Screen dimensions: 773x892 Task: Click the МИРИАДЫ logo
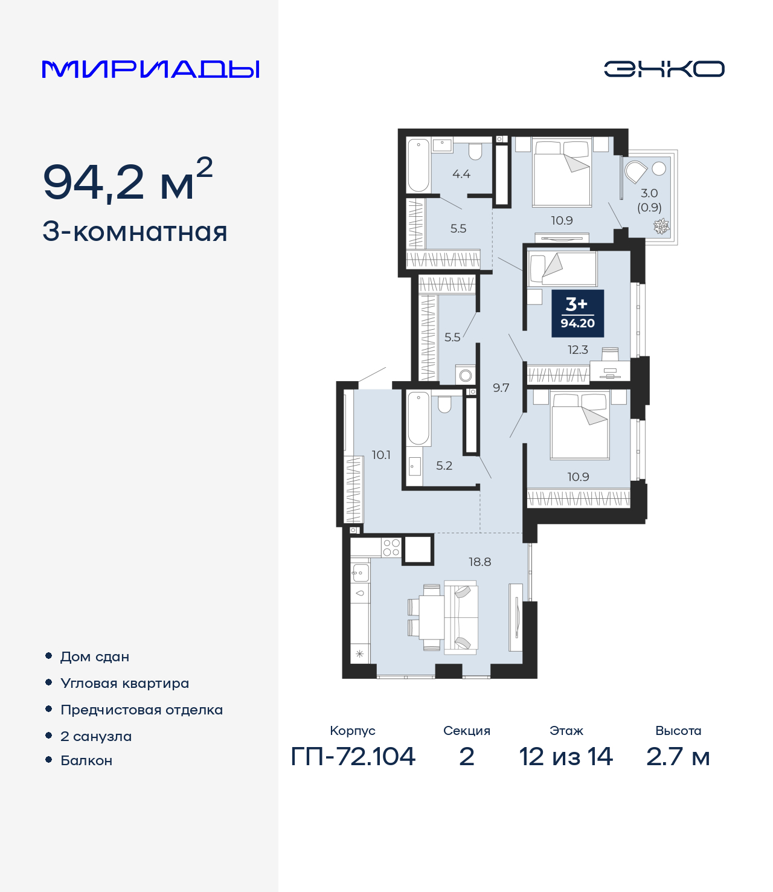tap(150, 69)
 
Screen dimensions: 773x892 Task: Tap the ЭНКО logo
tap(664, 69)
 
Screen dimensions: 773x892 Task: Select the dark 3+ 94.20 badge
tap(577, 313)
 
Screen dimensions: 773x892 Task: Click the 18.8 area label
tap(480, 562)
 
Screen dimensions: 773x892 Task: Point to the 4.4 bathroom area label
tap(461, 174)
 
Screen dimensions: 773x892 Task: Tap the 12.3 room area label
tap(577, 350)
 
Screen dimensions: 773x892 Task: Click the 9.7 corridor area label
tap(501, 388)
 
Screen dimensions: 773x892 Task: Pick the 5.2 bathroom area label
tap(444, 466)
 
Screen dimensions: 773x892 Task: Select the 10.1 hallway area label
tap(381, 455)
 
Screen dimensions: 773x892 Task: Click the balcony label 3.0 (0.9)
tap(649, 201)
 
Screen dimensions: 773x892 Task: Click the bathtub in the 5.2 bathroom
tap(419, 418)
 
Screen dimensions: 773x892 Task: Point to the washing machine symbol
tap(465, 375)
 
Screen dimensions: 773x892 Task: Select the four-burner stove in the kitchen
tap(391, 548)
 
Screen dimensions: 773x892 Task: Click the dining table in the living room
tap(431, 617)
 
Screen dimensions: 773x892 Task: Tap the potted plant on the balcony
tap(661, 226)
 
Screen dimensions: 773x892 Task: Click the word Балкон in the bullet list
tap(86, 760)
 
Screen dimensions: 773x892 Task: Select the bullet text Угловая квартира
tap(125, 684)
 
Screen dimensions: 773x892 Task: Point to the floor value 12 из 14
tap(566, 757)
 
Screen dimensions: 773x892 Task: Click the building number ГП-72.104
tap(353, 757)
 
